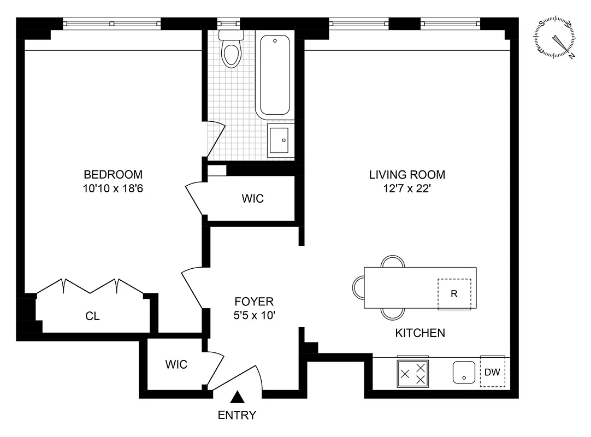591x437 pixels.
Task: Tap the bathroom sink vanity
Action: (x=280, y=139)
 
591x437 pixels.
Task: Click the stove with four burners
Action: (x=413, y=373)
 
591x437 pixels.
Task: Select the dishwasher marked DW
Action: (x=492, y=372)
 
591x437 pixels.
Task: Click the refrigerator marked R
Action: (x=454, y=294)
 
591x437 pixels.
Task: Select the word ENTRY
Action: (x=237, y=415)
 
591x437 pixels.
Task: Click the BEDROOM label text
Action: (x=113, y=175)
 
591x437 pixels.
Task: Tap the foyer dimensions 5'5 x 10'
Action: (x=254, y=315)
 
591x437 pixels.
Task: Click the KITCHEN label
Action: (x=420, y=333)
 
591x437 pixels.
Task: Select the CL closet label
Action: (x=93, y=316)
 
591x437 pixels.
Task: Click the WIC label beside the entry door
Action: (x=176, y=364)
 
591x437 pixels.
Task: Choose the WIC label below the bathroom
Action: (x=252, y=199)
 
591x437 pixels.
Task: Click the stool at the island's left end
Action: (x=358, y=287)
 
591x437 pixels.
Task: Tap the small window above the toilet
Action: (x=228, y=23)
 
